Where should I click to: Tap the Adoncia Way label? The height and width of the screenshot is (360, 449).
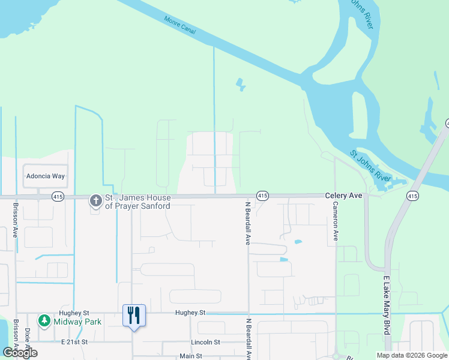(45, 176)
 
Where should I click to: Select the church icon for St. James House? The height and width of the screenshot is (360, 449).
(95, 200)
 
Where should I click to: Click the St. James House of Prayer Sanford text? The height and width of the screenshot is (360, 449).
(137, 202)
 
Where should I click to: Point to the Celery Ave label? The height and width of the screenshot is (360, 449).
(343, 196)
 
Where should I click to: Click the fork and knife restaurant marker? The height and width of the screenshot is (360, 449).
(134, 315)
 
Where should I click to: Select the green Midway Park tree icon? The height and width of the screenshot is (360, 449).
(44, 321)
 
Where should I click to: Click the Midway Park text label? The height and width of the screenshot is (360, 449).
(77, 322)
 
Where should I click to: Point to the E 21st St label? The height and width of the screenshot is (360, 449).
(74, 341)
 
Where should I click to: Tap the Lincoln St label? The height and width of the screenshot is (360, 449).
(205, 342)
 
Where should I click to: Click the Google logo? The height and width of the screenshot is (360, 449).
(20, 353)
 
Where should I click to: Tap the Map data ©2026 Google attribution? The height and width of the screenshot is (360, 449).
(412, 355)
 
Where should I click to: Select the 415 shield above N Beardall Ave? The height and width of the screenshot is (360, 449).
(262, 196)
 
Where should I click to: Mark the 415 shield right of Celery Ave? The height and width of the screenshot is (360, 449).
(412, 196)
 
